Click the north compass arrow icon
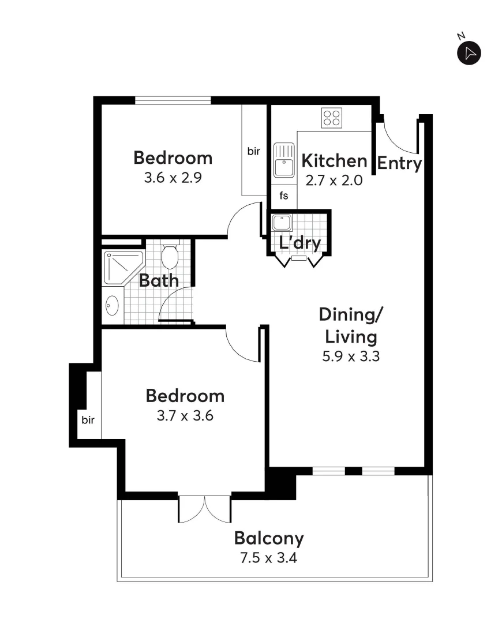(x=469, y=53)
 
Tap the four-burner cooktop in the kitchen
(x=331, y=118)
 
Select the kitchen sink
(x=283, y=160)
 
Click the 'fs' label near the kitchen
(x=284, y=196)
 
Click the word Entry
(x=399, y=164)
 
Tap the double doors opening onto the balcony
(x=204, y=508)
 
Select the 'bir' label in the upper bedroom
(x=254, y=152)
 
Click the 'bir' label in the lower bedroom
(x=88, y=419)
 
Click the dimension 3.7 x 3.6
(x=185, y=415)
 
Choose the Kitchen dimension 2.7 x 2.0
(x=334, y=180)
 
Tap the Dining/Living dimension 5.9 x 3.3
(x=350, y=356)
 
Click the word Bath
(x=159, y=281)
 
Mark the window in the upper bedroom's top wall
(x=173, y=100)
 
